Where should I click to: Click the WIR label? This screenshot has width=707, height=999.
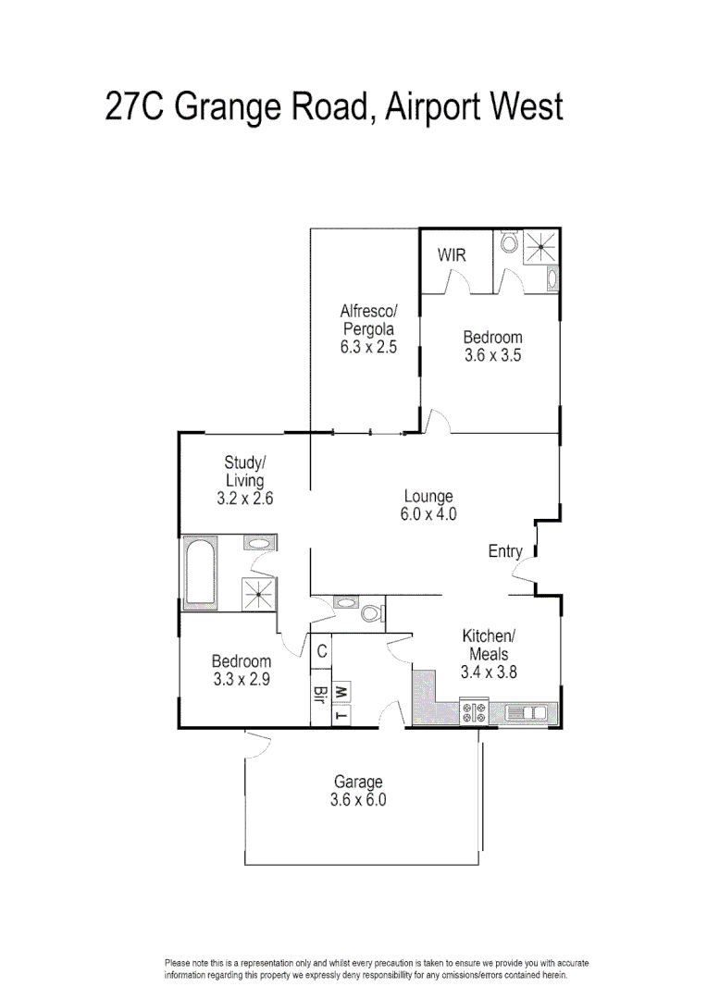pos(452,255)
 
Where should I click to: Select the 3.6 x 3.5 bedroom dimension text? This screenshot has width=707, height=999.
pos(492,355)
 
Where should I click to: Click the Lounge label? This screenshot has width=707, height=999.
pos(429,497)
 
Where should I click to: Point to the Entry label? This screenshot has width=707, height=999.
pos(505,551)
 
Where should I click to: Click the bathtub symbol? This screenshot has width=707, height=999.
pos(201,573)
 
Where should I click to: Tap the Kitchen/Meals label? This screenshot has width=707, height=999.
pos(488,645)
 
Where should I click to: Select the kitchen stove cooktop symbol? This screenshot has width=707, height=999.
pos(475,711)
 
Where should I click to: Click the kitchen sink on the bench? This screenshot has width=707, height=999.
pos(531,712)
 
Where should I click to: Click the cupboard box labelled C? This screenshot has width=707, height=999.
pos(321,651)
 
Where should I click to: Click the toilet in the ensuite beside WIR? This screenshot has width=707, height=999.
pos(507,244)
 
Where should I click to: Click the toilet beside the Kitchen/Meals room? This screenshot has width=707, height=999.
pos(371,613)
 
